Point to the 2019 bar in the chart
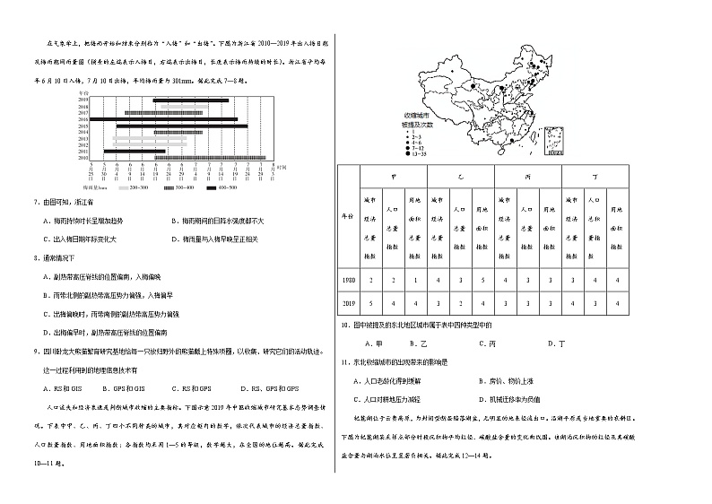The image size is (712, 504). tap(196, 100)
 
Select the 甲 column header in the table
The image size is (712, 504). tap(395, 178)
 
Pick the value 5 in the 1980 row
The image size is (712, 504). tap(482, 281)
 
